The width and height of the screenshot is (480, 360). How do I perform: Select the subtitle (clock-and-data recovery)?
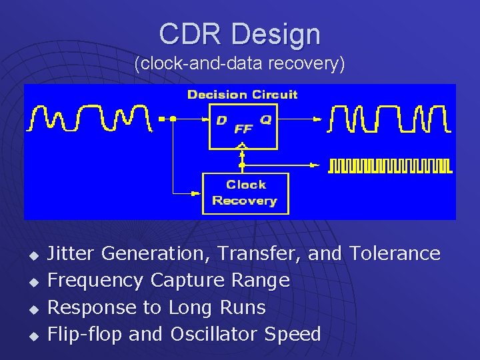point(239,65)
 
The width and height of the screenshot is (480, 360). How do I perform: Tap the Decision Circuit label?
point(243,95)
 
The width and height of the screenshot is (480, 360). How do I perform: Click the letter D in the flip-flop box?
point(221,121)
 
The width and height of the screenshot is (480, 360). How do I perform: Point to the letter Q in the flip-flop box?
point(265,120)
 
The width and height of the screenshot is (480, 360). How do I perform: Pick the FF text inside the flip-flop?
point(243,129)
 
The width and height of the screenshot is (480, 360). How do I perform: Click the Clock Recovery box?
point(245,193)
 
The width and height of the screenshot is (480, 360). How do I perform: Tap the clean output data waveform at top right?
point(389,118)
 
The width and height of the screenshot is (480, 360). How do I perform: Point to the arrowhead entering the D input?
point(205,119)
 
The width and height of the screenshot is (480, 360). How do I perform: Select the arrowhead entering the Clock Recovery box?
point(197,194)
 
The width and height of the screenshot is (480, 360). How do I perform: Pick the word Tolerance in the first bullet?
point(395,253)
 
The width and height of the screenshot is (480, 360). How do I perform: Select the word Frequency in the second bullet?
point(96,281)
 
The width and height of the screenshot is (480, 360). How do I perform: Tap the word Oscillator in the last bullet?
point(216,334)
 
